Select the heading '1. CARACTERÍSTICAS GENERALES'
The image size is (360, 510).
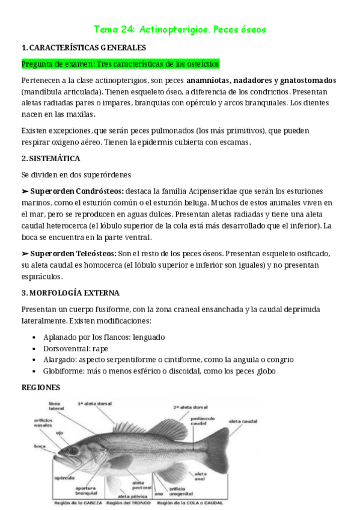click(x=83, y=48)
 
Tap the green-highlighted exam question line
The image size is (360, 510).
click(x=120, y=64)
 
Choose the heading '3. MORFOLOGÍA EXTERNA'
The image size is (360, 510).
click(x=70, y=293)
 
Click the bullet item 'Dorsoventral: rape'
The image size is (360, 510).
click(x=76, y=348)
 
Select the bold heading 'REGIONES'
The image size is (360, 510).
click(x=41, y=387)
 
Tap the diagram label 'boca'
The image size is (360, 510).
click(x=41, y=446)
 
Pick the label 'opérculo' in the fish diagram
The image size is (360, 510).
click(x=64, y=478)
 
